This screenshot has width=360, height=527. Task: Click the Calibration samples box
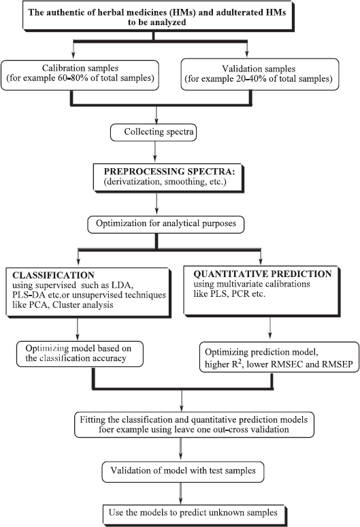(80, 76)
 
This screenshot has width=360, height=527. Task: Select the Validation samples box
(259, 74)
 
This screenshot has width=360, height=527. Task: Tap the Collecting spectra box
(154, 133)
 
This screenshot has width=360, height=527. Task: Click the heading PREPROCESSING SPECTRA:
(169, 172)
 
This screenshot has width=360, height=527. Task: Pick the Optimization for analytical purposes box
(165, 225)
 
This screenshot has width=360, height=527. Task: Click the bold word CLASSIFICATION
(53, 275)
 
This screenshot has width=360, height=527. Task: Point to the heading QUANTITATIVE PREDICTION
(262, 274)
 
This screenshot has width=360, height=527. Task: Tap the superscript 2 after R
(240, 362)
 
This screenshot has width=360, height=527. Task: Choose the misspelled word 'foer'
(106, 430)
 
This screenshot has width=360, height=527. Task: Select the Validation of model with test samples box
(182, 472)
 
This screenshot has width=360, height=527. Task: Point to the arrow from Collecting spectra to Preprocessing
(154, 151)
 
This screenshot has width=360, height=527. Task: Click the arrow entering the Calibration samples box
(73, 50)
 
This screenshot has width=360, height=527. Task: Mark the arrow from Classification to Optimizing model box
(78, 329)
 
